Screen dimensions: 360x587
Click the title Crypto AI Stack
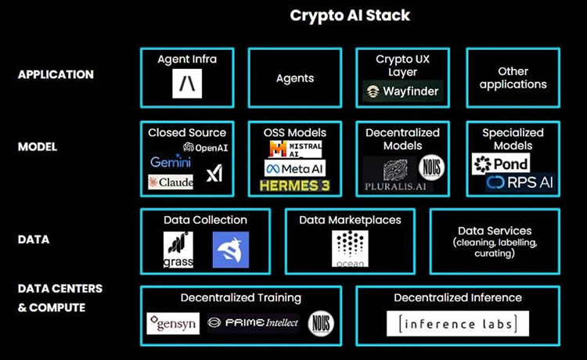click(350, 16)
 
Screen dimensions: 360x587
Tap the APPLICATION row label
click(55, 75)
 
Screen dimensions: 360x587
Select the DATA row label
click(34, 239)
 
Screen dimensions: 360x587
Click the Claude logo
click(171, 182)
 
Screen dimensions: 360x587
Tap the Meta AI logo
click(294, 167)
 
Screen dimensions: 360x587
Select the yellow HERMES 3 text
click(294, 185)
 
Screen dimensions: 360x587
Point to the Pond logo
click(500, 163)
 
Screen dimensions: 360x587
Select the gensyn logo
click(173, 322)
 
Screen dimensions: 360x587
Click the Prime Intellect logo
click(253, 322)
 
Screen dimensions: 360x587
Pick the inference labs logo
click(457, 323)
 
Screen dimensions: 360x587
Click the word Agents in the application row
click(295, 78)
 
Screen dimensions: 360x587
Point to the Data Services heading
click(494, 231)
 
